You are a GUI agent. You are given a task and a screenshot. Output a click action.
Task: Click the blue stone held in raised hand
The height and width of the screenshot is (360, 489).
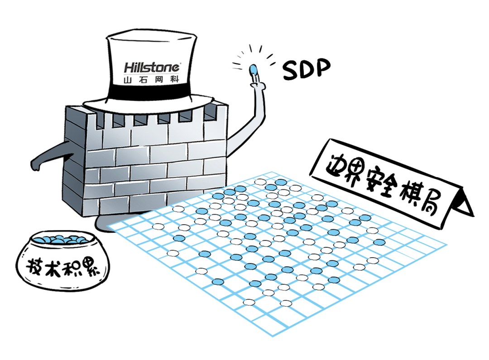click(x=254, y=69)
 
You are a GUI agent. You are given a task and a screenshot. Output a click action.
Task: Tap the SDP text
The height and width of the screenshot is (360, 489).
click(x=306, y=70)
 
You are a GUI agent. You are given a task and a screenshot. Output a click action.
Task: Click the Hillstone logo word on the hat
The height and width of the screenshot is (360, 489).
click(x=152, y=67)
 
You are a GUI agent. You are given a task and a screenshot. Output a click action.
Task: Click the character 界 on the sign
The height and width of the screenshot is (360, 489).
click(x=353, y=173)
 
